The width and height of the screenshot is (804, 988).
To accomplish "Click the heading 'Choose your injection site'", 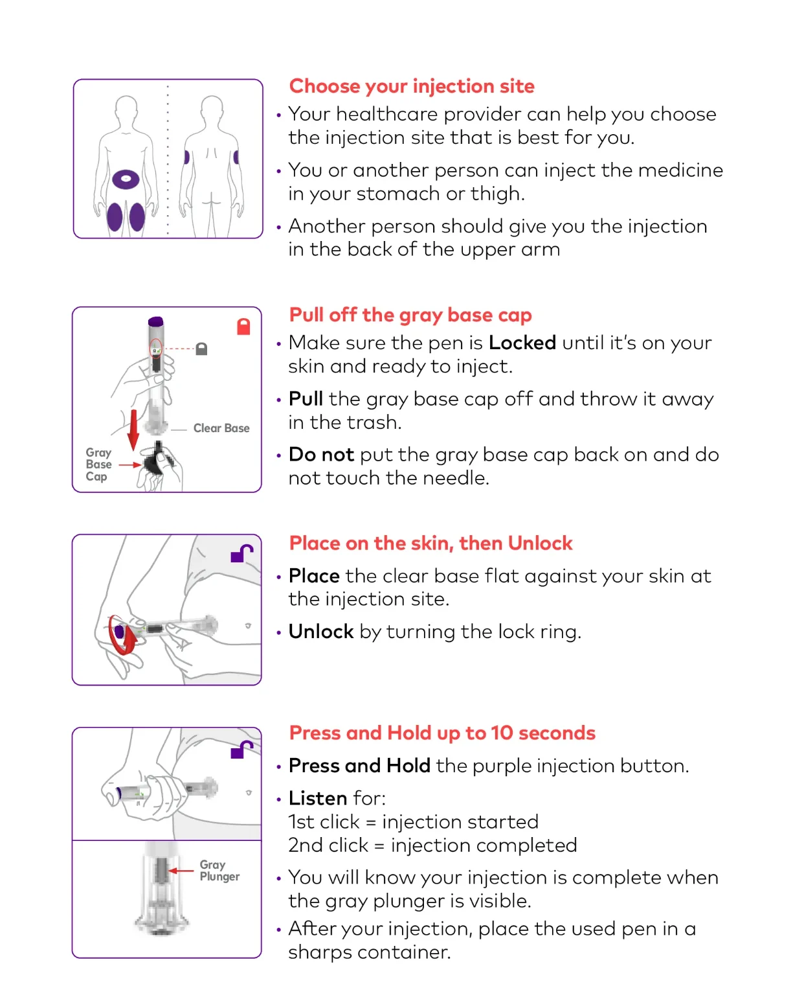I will point(412,86).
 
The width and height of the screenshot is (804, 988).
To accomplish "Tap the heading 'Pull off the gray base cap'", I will point(410,315).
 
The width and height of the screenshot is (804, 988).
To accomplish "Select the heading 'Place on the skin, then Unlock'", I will point(430,543).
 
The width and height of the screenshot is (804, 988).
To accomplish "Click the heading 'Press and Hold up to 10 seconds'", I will point(442,733).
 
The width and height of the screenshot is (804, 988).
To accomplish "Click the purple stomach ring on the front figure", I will point(126,179).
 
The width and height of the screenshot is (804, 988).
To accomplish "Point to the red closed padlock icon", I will point(243,327).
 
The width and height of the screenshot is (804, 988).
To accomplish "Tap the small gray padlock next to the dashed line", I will point(201,349).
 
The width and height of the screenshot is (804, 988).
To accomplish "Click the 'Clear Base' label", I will point(221,428).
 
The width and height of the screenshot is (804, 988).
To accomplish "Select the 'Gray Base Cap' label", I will point(98,465).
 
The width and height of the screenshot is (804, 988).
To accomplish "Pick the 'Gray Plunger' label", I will point(219,870).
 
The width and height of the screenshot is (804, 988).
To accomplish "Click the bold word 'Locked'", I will point(522,343).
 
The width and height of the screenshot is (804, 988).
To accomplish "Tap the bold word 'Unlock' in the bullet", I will point(321,632).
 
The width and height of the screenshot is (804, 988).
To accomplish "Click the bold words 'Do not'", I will point(321,455).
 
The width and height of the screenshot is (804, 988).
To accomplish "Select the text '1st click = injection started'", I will point(414,821).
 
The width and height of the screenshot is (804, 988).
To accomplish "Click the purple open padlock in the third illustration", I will point(241,554).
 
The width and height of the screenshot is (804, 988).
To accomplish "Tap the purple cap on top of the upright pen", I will point(155,321).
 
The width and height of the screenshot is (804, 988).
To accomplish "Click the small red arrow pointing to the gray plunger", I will point(181,871).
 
